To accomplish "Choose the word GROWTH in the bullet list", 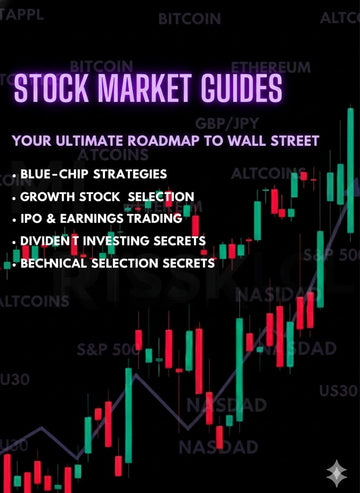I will [50, 197].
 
